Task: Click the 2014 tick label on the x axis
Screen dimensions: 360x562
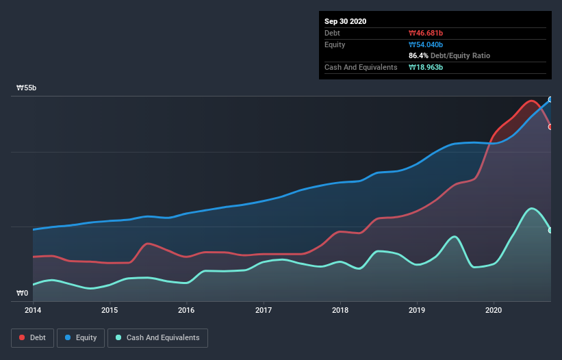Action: (x=33, y=310)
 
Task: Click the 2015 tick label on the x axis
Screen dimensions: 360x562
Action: (x=110, y=310)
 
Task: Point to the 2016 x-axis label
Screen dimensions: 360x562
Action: (x=186, y=310)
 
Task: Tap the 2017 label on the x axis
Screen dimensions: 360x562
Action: (x=263, y=310)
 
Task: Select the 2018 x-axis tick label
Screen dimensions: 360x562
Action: (x=340, y=310)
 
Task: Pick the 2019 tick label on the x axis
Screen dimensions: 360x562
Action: (x=416, y=310)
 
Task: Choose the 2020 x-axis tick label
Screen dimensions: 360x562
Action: (x=493, y=310)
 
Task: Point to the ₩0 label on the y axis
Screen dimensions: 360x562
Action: (x=23, y=294)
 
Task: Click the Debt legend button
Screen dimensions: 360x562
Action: (x=31, y=337)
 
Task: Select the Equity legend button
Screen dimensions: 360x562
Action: (x=81, y=337)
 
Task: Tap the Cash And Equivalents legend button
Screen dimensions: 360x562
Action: (x=157, y=337)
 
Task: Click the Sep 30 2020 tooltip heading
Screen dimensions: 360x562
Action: (x=346, y=21)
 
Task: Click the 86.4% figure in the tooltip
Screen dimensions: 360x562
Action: (x=418, y=55)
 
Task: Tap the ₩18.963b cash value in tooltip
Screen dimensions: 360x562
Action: (x=426, y=67)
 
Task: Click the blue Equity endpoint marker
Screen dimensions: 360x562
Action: (x=550, y=100)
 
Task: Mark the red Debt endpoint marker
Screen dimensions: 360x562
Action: (x=550, y=127)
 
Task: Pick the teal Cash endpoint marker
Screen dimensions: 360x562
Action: (x=550, y=230)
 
